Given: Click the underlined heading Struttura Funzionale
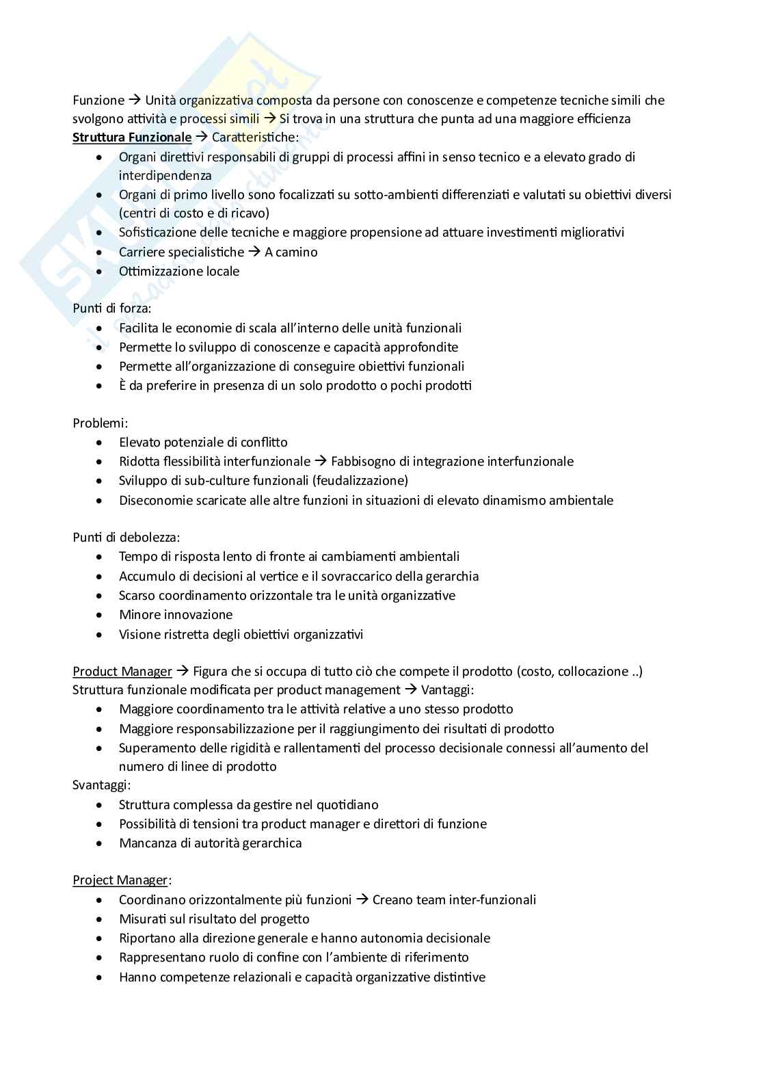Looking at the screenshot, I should (132, 137).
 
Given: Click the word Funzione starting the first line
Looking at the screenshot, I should (98, 101).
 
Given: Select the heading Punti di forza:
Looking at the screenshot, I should (112, 308).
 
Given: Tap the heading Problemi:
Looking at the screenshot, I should (101, 423).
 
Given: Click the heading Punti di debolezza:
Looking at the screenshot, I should (126, 538).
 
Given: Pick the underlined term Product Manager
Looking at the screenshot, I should (122, 672).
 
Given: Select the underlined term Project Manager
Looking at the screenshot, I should (120, 880).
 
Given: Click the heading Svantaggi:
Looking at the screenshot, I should (102, 785).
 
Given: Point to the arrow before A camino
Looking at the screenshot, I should (254, 252).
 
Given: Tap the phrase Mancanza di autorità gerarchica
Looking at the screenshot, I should (210, 843).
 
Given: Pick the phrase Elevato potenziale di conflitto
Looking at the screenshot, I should (203, 443).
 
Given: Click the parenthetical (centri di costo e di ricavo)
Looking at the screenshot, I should (194, 213).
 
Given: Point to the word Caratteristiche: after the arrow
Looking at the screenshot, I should (255, 137).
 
